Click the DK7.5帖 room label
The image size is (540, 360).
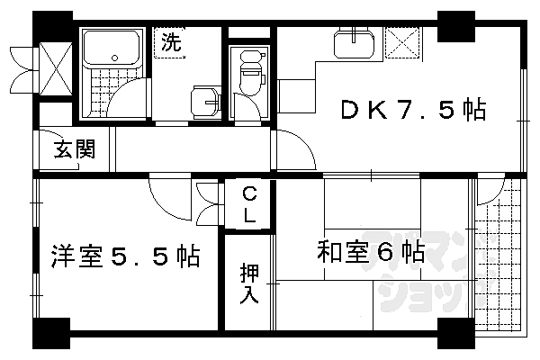[x=412, y=111]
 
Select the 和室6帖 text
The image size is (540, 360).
[x=369, y=251]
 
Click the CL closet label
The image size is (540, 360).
[x=249, y=205]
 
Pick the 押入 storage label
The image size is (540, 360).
[x=249, y=283]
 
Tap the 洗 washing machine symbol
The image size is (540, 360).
[x=170, y=41]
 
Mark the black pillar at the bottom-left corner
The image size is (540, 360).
[x=50, y=332]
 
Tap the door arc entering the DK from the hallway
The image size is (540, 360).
[x=296, y=149]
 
